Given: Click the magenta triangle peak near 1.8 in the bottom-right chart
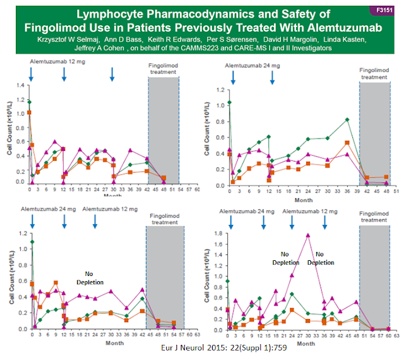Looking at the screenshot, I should coord(308,235).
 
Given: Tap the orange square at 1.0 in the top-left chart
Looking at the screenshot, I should coord(29,112).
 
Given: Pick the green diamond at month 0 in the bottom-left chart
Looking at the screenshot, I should coord(32,241).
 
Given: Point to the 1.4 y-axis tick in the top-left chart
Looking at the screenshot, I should coord(21,85).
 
